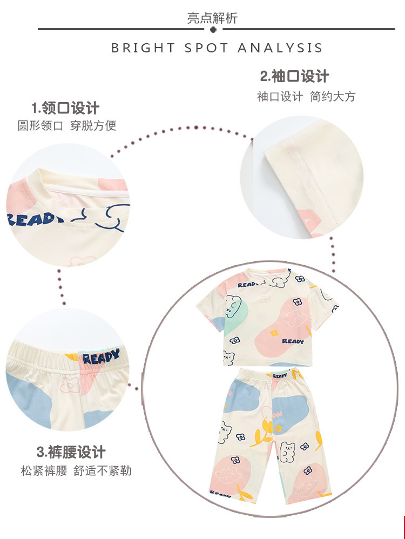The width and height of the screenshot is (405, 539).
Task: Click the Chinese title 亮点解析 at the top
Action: tap(212, 18)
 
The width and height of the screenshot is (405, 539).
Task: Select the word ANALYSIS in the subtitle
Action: tap(280, 48)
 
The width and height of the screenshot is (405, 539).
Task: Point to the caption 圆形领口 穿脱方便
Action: tap(67, 126)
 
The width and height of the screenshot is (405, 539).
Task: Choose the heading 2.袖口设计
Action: tap(294, 76)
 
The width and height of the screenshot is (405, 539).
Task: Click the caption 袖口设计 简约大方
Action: tap(306, 97)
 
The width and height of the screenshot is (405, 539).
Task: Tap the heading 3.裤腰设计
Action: tap(71, 452)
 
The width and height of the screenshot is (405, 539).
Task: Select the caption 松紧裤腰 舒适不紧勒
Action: tap(76, 470)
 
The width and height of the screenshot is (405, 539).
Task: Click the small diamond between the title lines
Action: tap(212, 29)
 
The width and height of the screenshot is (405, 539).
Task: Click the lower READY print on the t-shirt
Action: tap(293, 341)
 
